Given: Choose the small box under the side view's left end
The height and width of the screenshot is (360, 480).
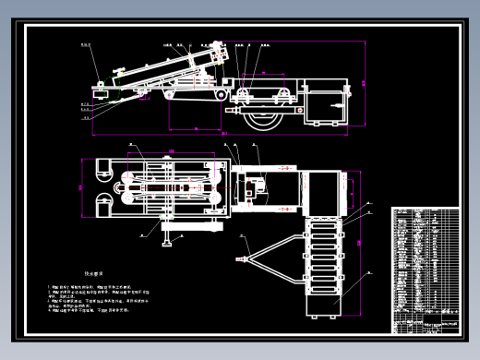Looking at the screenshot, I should [99, 93].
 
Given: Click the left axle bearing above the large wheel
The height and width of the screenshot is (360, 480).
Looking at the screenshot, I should [243, 94].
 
